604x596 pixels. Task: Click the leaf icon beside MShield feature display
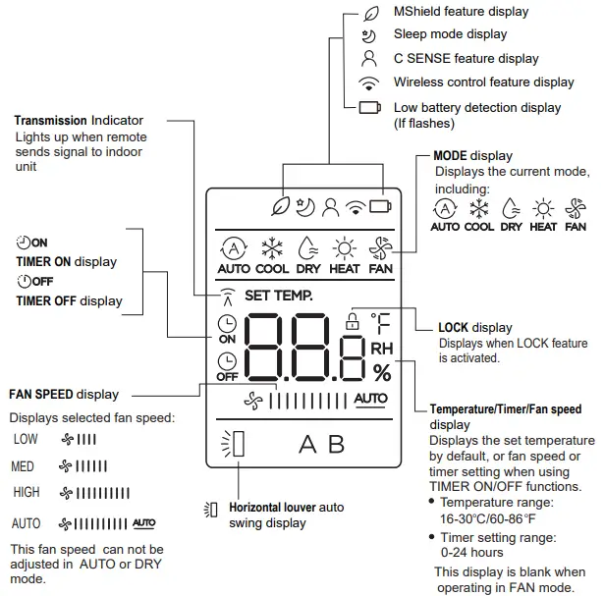369,14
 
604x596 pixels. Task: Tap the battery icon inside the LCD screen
378,206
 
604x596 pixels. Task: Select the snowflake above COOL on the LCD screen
272,246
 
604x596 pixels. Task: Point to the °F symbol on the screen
380,321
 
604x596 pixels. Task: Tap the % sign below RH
381,372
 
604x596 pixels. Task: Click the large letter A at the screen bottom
307,445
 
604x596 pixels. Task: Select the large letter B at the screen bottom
336,445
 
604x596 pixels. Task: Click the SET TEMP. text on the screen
278,295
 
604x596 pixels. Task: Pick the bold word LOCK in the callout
454,328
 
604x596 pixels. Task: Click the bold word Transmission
50,121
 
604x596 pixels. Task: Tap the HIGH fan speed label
27,492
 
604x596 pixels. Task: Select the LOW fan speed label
26,439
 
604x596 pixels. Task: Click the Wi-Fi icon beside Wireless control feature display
369,82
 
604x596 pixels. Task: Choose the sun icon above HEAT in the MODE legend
542,208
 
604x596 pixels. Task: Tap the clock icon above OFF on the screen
227,360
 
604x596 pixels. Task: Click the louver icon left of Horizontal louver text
210,509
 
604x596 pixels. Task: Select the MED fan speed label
25,465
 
